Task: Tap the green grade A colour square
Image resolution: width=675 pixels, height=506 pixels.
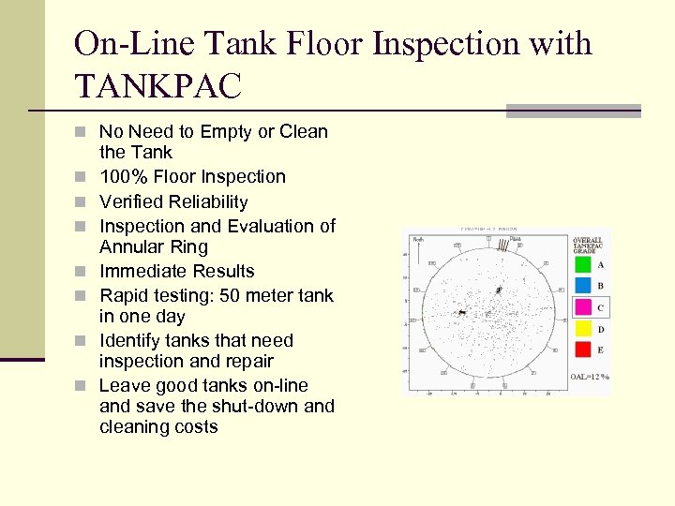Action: (x=583, y=265)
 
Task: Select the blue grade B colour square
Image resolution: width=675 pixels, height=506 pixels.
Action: (x=583, y=286)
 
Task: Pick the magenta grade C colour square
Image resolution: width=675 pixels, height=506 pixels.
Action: (x=583, y=307)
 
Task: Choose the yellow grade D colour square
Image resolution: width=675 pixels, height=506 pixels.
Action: (x=583, y=329)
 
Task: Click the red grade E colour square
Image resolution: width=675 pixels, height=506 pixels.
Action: (x=583, y=350)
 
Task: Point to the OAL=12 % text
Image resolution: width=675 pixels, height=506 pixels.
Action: (x=590, y=377)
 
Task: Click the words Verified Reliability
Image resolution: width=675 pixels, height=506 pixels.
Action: (x=173, y=201)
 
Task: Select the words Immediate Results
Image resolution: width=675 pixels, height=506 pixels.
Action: (x=176, y=271)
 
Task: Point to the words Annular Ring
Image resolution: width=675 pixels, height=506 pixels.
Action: (x=154, y=246)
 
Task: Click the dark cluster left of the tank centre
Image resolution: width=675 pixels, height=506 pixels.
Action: (x=461, y=311)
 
